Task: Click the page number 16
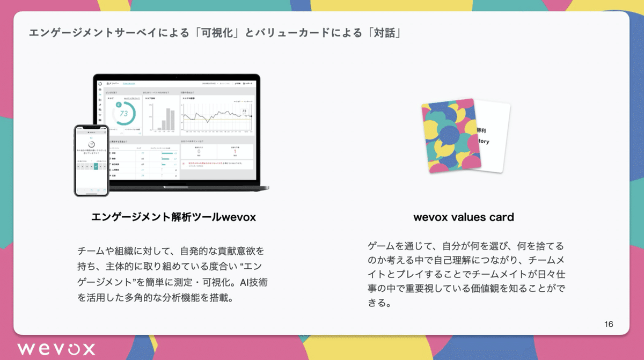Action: click(608, 324)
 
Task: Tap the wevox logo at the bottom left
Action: click(56, 348)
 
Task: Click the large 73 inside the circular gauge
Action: click(124, 114)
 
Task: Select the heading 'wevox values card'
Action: click(463, 217)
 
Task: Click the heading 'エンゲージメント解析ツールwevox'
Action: click(173, 217)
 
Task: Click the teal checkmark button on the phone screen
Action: click(96, 166)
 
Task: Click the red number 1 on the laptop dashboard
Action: click(235, 151)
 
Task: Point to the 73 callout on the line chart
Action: click(244, 112)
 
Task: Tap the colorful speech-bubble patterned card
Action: click(449, 137)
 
